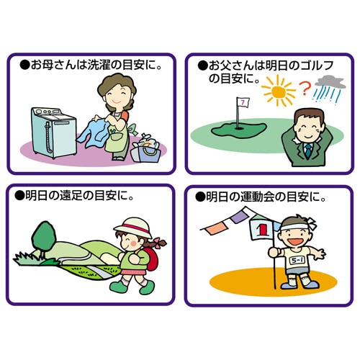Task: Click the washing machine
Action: point(54,132)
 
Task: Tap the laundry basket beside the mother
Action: point(146,148)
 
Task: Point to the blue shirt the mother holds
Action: point(94,132)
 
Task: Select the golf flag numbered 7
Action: point(243,103)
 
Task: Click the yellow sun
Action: point(279,91)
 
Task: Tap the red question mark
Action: point(305,89)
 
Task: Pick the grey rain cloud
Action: point(330,82)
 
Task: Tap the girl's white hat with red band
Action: point(132,228)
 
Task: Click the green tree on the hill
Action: point(43,238)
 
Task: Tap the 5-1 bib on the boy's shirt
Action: point(297,261)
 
